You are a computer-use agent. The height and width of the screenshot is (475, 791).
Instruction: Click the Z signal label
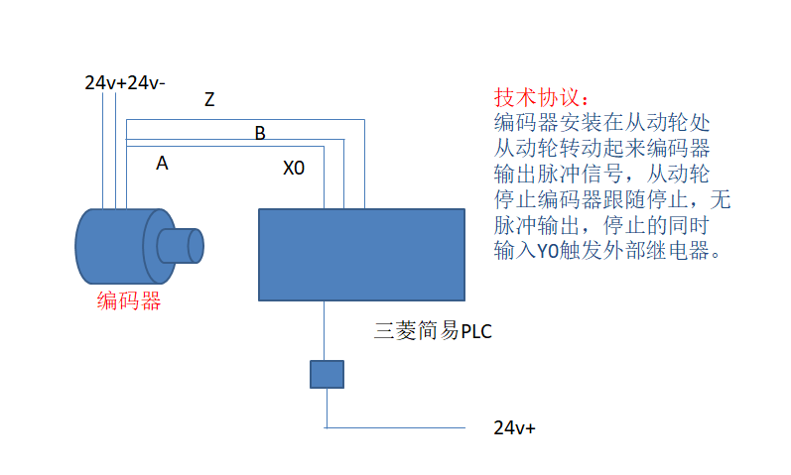(x=209, y=99)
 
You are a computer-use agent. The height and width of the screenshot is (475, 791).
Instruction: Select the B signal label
(x=260, y=133)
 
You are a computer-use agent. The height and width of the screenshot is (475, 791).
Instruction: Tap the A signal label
(x=162, y=164)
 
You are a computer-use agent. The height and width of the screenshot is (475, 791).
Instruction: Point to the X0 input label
(x=294, y=169)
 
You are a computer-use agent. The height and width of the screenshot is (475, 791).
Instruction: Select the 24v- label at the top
(x=147, y=82)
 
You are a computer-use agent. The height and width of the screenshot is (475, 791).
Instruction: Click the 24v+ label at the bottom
(x=514, y=428)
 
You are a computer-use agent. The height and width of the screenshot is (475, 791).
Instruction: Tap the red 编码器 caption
(x=129, y=301)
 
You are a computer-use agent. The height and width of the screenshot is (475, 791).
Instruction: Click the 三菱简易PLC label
(x=433, y=331)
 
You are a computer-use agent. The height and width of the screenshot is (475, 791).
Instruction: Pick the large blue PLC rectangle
(x=361, y=254)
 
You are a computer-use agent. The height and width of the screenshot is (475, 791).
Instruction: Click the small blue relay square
(x=327, y=374)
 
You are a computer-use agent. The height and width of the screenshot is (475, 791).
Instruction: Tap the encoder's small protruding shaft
(x=184, y=245)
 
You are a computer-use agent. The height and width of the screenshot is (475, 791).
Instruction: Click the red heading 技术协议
(x=541, y=99)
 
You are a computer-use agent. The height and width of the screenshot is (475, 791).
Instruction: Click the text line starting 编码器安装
(x=602, y=124)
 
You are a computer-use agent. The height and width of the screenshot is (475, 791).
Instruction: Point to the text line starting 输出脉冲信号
(x=602, y=175)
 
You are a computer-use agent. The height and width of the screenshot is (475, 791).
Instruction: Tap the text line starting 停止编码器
(x=611, y=200)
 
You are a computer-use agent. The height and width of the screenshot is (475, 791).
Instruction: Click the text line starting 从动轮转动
(x=602, y=150)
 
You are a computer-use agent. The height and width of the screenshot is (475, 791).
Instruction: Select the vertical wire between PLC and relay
(x=326, y=330)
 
